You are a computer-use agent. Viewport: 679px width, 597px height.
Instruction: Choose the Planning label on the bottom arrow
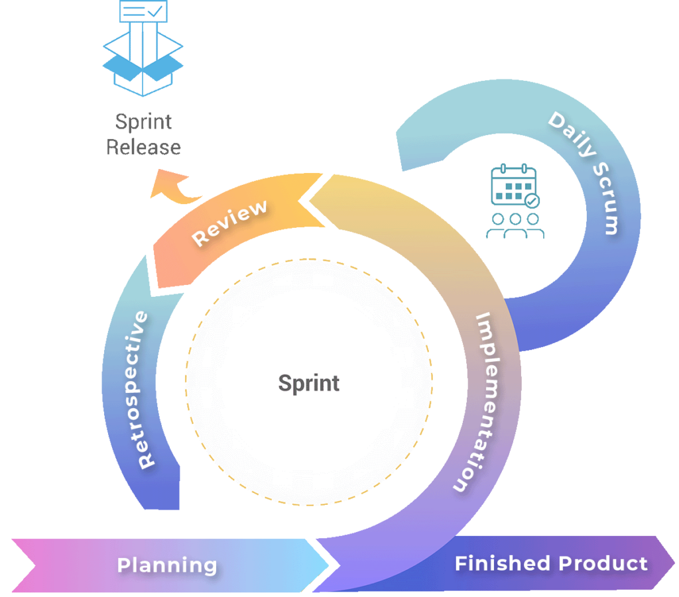[x=167, y=565]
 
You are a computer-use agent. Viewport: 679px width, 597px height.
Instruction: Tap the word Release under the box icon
[x=144, y=146]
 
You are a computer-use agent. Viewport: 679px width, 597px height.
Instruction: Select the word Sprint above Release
[x=144, y=122]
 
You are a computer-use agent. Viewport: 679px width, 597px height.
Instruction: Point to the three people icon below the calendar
[x=515, y=225]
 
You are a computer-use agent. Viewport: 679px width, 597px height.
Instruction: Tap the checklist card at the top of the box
[x=143, y=11]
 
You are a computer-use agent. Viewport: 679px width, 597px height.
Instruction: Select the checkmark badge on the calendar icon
[x=532, y=200]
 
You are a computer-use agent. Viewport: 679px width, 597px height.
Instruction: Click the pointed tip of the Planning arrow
[x=328, y=565]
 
